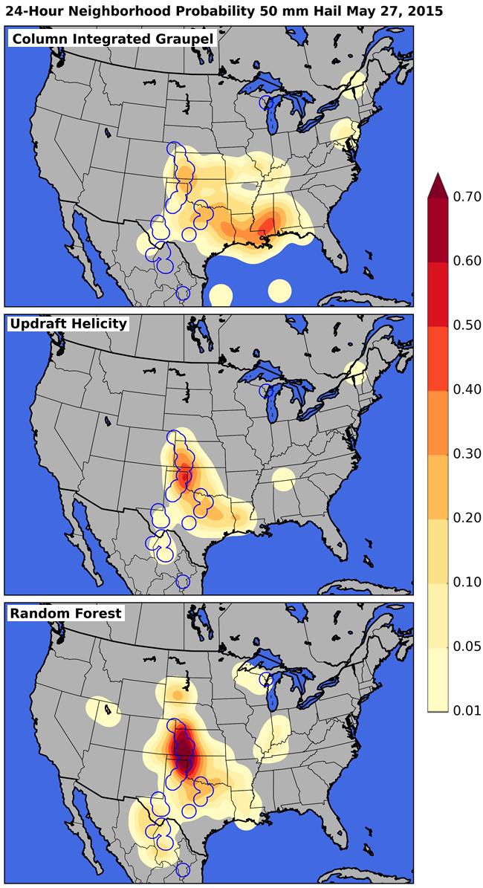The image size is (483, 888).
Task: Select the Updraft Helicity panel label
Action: click(x=68, y=324)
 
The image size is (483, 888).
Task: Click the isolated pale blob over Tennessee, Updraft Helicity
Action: click(x=282, y=479)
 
